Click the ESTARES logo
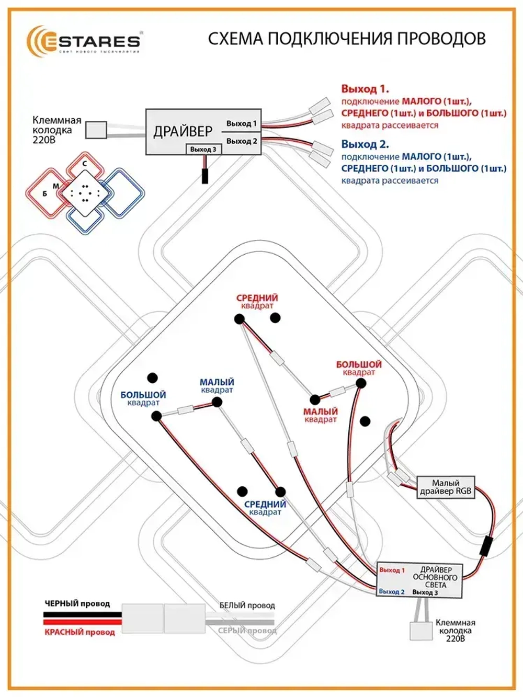84,41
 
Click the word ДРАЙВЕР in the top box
183,131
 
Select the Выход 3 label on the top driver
203,150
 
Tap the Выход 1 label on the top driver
241,124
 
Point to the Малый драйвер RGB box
446,487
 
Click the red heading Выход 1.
365,89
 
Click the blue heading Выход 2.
365,144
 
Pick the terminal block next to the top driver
96,130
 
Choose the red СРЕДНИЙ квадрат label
257,302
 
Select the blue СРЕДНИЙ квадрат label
265,508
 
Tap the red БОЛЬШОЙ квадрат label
359,368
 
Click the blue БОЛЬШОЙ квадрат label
143,398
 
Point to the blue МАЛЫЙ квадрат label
217,386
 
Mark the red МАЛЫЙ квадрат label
321,415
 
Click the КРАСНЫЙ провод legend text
79,632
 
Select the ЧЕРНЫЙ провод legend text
77,603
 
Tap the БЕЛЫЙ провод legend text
247,605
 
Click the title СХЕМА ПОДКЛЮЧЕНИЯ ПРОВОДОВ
347,39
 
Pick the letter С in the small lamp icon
85,164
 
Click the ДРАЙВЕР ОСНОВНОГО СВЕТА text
435,577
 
